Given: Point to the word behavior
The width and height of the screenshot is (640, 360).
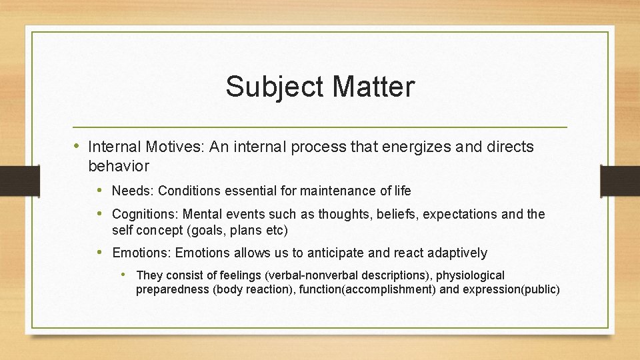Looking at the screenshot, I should click(118, 165).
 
